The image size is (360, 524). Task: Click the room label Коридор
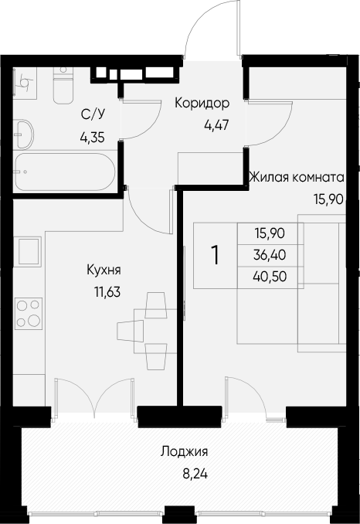pos(202,103)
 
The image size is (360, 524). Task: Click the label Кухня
pos(104,270)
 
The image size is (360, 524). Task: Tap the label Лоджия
pos(185,452)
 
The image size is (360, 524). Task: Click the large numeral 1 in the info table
pos(216,255)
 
